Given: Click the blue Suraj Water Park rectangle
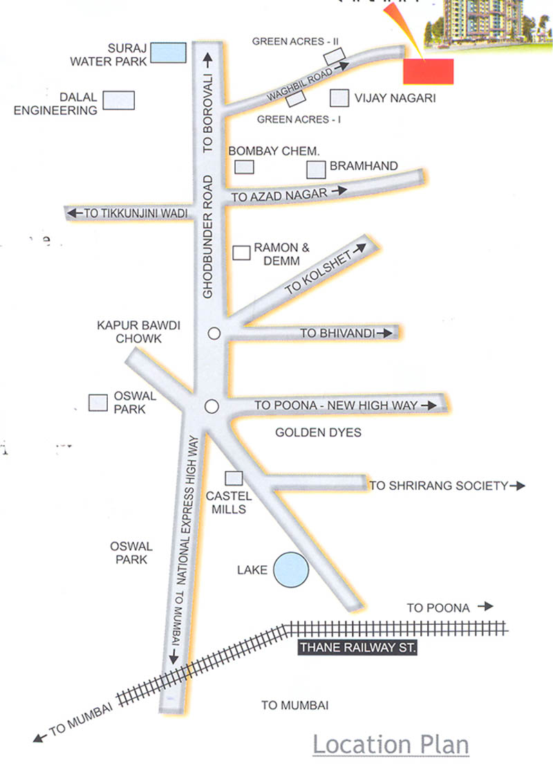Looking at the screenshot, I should pyautogui.click(x=169, y=53).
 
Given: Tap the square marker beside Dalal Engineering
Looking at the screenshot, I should pyautogui.click(x=118, y=100).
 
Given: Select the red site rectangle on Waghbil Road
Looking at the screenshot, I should pyautogui.click(x=428, y=71).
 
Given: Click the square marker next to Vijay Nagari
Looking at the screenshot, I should pyautogui.click(x=339, y=98).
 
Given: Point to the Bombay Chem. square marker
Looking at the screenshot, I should pyautogui.click(x=244, y=167).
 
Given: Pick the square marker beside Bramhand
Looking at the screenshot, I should pyautogui.click(x=316, y=169).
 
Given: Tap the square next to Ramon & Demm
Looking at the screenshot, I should pyautogui.click(x=241, y=253).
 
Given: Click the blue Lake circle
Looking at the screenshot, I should pyautogui.click(x=290, y=569).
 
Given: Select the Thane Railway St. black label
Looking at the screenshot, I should pyautogui.click(x=356, y=648).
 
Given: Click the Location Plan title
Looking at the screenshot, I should pyautogui.click(x=391, y=745).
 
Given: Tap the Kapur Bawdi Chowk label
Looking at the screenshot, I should pyautogui.click(x=129, y=331).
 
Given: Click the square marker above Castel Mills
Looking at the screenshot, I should pyautogui.click(x=234, y=477).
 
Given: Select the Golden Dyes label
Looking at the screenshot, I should pyautogui.click(x=318, y=432).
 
